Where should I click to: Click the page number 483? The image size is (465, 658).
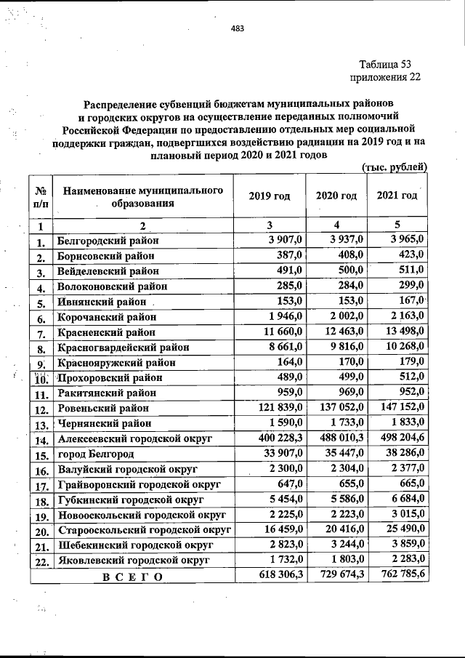point(237,29)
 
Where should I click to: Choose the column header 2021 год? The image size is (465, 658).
point(397,196)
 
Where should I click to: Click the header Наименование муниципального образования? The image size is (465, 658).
point(142,196)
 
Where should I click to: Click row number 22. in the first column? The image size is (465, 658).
point(41,562)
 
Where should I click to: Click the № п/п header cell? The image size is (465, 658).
point(41,197)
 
